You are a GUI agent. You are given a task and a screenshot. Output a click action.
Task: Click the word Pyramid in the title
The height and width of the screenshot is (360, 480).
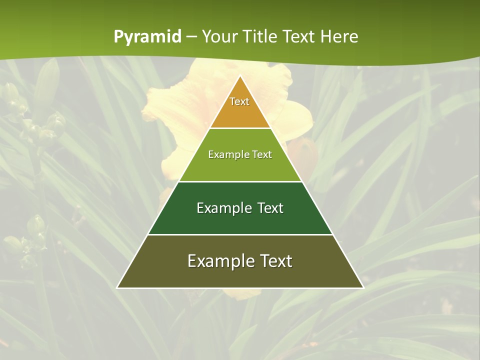point(147,37)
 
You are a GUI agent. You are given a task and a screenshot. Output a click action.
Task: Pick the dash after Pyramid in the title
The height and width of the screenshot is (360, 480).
point(191,37)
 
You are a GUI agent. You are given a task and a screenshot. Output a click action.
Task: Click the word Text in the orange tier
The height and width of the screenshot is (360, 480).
point(239,101)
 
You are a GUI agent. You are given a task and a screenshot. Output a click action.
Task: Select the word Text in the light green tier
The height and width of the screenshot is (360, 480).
point(262,154)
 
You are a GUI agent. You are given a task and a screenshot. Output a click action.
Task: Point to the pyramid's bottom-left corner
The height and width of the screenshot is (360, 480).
point(118,287)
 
